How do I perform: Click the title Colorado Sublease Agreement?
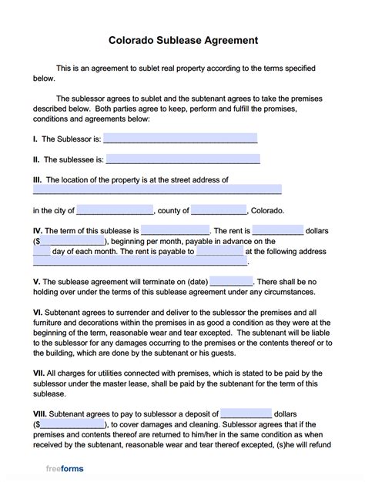(182, 38)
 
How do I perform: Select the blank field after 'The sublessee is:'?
(183, 159)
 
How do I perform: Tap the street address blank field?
(157, 189)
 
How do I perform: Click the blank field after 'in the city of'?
(115, 210)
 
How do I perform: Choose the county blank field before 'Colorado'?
(219, 210)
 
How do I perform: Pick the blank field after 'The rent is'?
(277, 230)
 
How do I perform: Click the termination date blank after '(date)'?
(230, 282)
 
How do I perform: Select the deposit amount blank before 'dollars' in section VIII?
(246, 413)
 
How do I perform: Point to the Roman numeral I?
(35, 139)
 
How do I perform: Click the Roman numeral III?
(37, 179)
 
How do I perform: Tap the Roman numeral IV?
(37, 230)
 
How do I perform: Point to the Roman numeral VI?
(37, 312)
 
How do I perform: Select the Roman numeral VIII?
(39, 413)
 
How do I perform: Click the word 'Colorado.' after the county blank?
(267, 210)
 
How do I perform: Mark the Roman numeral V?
(36, 282)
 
